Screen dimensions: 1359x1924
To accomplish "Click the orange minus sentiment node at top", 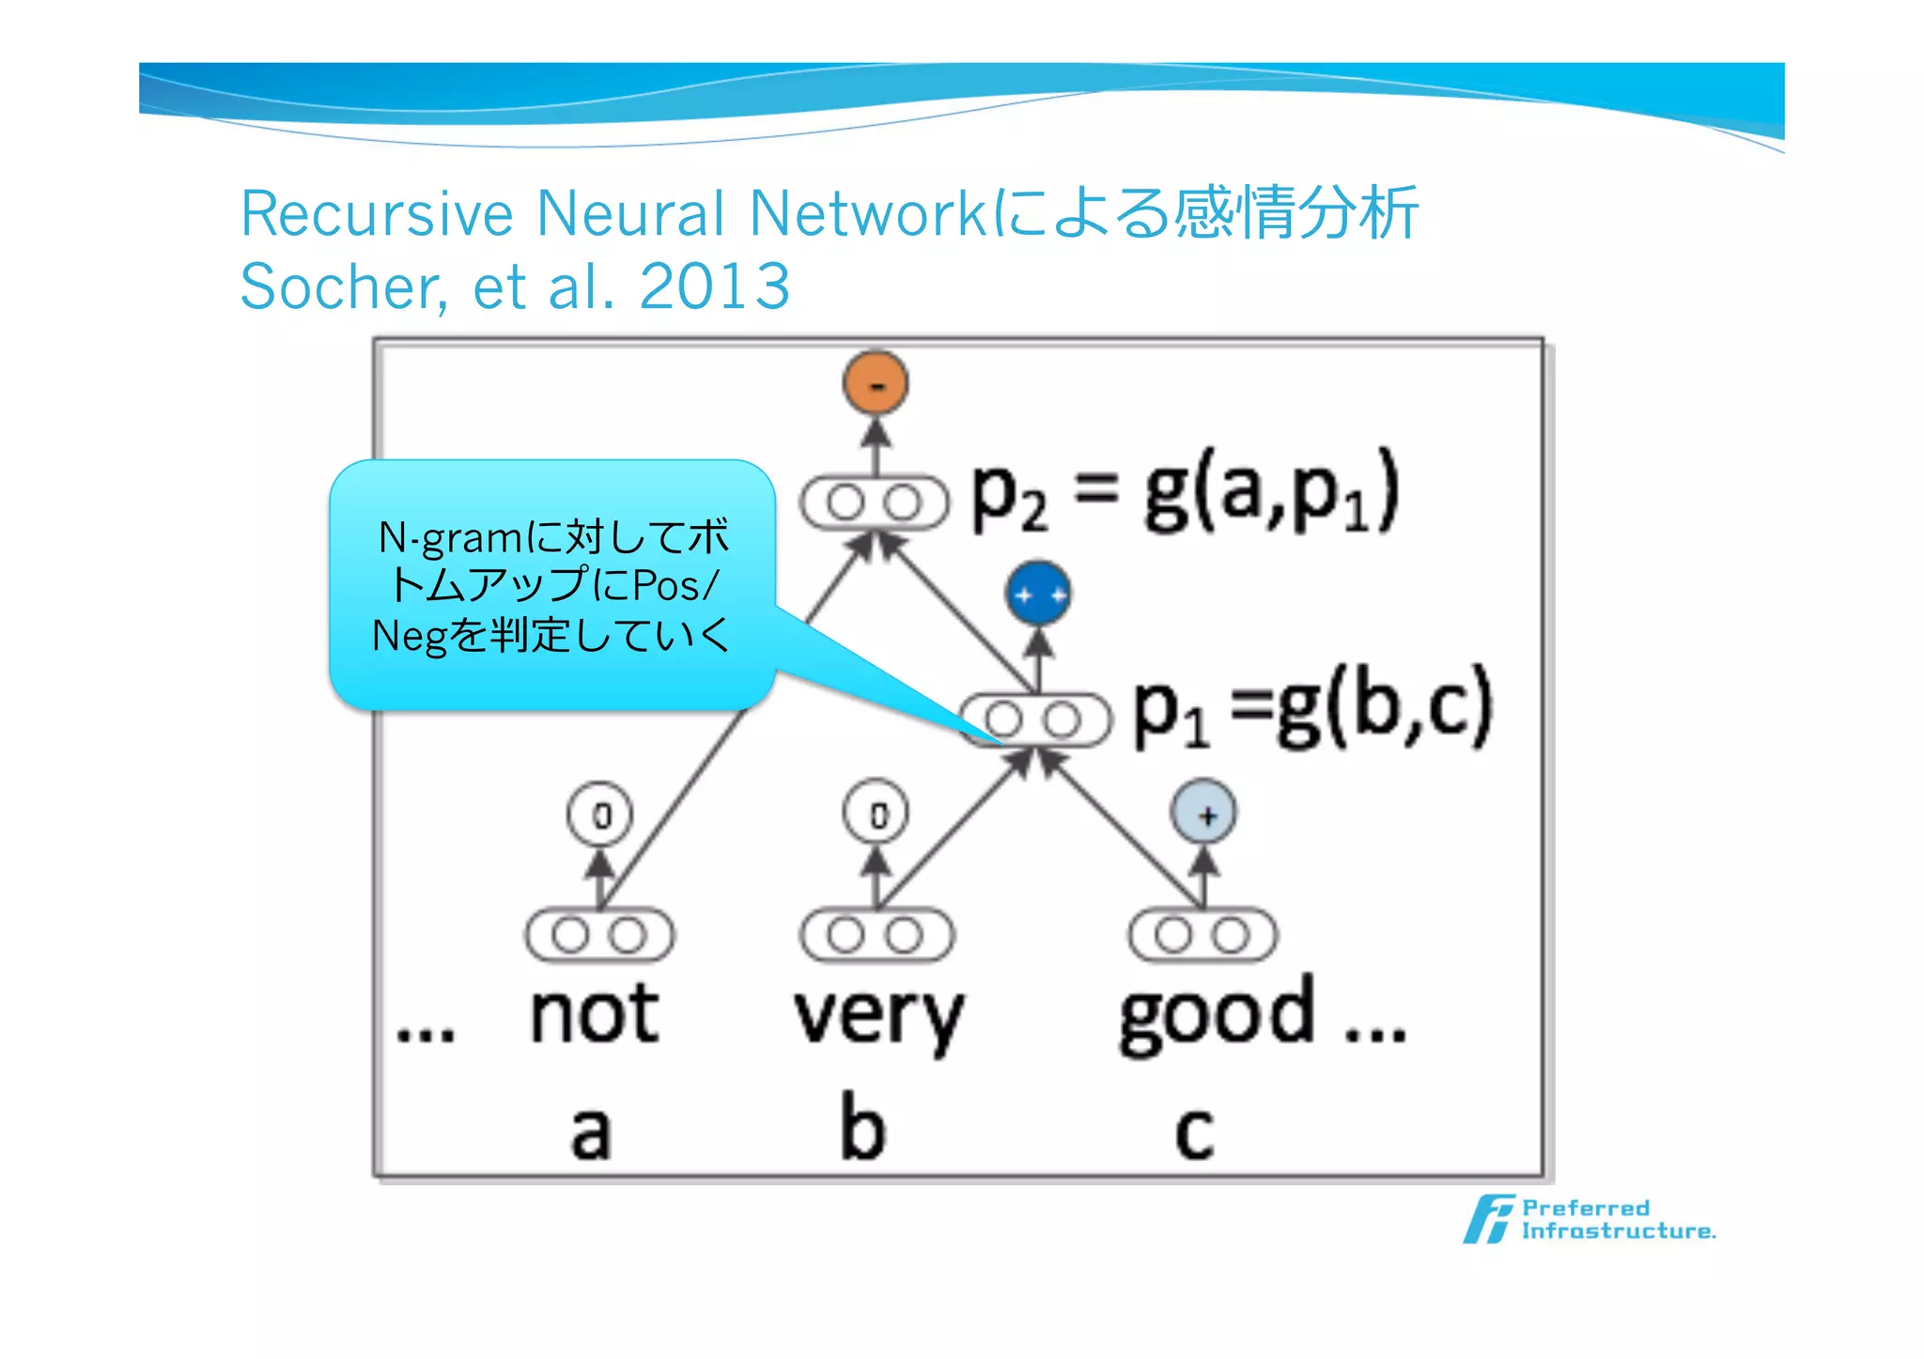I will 876,383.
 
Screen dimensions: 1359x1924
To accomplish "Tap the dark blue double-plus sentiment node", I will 1038,594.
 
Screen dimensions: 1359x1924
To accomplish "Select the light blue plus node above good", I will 1203,813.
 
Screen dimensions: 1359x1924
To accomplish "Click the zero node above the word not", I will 600,814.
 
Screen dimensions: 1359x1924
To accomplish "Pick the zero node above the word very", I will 876,813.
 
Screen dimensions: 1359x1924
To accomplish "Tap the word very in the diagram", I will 878,1018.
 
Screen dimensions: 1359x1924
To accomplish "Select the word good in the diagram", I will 1217,1016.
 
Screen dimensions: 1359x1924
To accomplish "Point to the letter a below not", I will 591,1131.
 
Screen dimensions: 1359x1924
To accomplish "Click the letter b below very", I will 862,1127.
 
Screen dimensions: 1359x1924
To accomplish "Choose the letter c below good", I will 1194,1133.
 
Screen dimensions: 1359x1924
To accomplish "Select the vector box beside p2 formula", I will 875,503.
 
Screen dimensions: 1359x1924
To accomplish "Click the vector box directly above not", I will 599,935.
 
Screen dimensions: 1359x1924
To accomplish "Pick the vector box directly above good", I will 1202,935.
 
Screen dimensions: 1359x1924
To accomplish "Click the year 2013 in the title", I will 714,286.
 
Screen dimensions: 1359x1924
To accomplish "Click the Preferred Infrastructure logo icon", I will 1489,1219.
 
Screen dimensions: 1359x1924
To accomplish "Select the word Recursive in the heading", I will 376,214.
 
